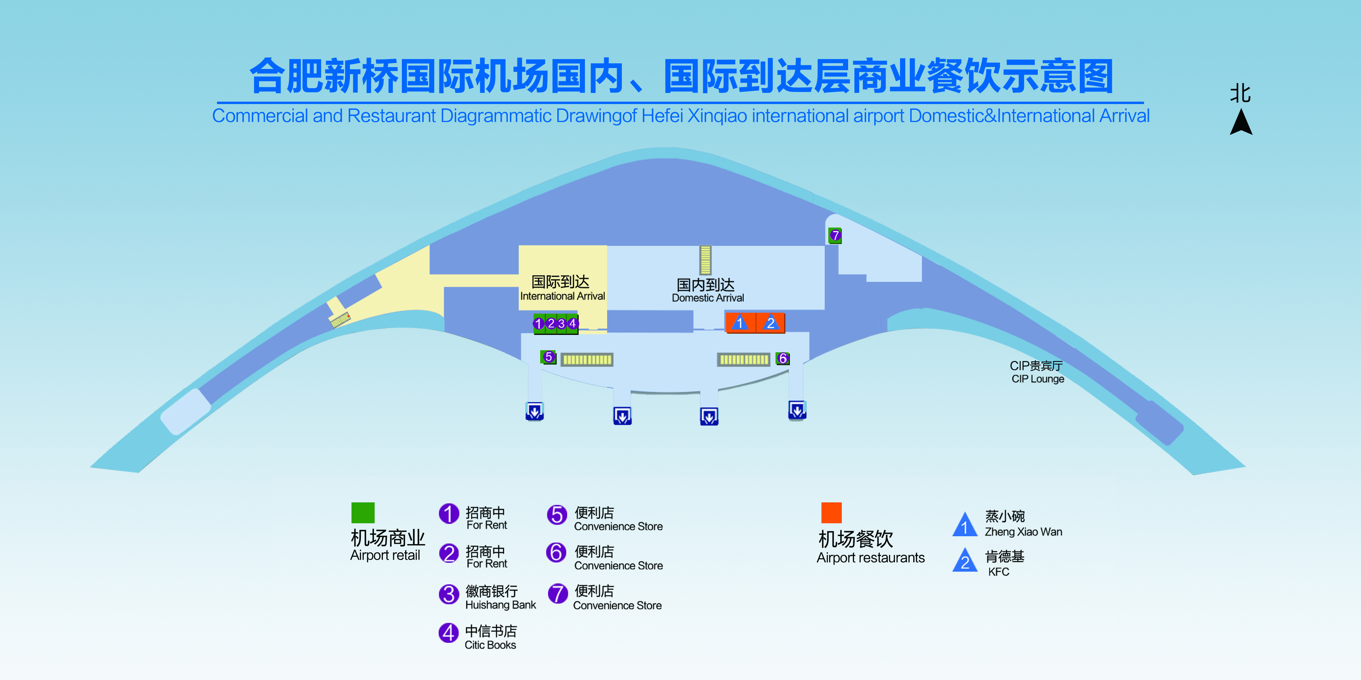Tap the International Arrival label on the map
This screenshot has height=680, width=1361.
562,288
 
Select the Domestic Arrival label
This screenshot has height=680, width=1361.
707,290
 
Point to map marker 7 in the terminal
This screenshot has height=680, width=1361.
835,235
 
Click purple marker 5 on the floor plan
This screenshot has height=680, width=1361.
548,357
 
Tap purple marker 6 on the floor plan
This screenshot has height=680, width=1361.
783,359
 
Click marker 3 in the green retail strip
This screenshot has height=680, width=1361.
561,323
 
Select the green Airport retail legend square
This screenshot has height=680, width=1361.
363,513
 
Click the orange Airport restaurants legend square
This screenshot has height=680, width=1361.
832,513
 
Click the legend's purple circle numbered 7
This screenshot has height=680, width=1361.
557,593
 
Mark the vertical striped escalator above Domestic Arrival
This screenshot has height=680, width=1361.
705,260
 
